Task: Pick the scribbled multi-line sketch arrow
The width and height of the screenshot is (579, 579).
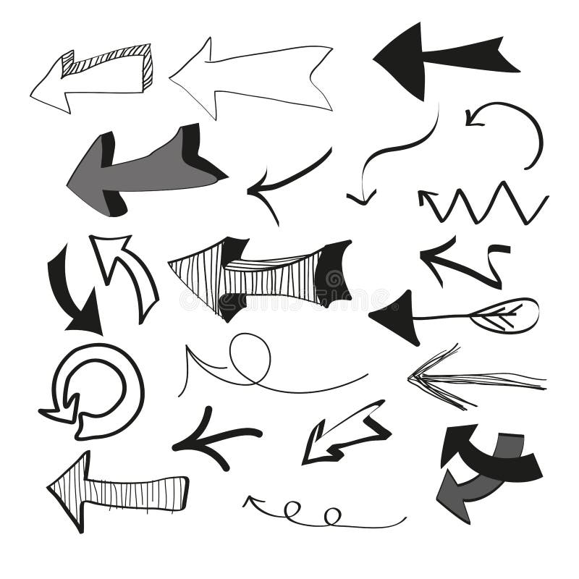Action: coord(463,378)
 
